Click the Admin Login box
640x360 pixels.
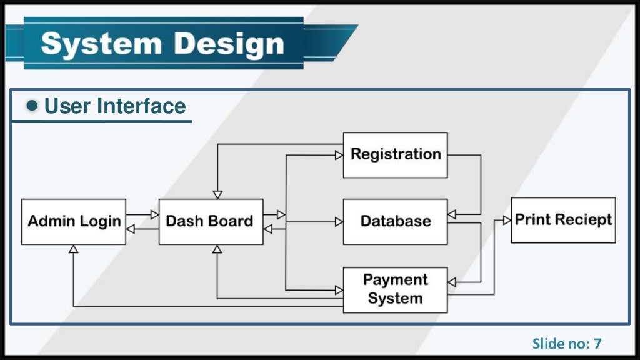pyautogui.click(x=74, y=221)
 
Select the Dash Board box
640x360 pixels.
pyautogui.click(x=211, y=221)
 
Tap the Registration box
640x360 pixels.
pyautogui.click(x=395, y=154)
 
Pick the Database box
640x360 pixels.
pyautogui.click(x=395, y=221)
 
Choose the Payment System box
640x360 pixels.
pyautogui.click(x=395, y=289)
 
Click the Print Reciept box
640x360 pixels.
pyautogui.click(x=563, y=220)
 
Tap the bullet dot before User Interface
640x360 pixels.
pyautogui.click(x=33, y=106)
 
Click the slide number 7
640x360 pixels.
pyautogui.click(x=597, y=343)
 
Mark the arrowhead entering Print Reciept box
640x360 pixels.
pyautogui.click(x=507, y=221)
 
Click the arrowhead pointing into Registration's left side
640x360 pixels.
pyautogui.click(x=339, y=155)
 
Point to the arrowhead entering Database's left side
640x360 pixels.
pyautogui.click(x=339, y=221)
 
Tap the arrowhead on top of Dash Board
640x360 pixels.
pyautogui.click(x=217, y=194)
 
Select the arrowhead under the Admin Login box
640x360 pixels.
pyautogui.click(x=73, y=249)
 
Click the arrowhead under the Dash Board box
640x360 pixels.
pyautogui.click(x=217, y=249)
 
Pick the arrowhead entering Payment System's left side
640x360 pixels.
pyautogui.click(x=339, y=290)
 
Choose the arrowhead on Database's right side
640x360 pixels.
pyautogui.click(x=452, y=214)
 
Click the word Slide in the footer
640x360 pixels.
pyautogui.click(x=545, y=343)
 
